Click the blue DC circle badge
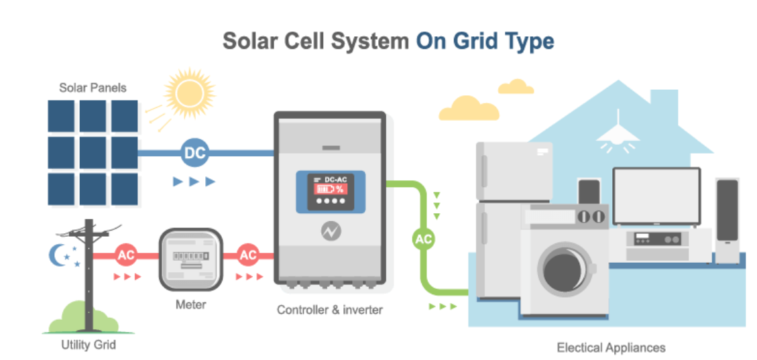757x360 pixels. [195, 154]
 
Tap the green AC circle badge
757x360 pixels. [423, 239]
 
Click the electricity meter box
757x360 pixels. [191, 259]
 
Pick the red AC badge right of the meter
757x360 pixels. [248, 255]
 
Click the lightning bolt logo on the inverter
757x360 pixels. [331, 232]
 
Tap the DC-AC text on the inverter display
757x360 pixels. [335, 179]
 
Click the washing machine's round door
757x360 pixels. [567, 266]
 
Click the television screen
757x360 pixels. [656, 196]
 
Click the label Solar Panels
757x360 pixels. [93, 88]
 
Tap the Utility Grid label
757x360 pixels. [89, 345]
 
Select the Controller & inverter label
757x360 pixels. [330, 310]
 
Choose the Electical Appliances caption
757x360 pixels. [612, 347]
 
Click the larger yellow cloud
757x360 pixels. [468, 109]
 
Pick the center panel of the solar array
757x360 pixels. [93, 152]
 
